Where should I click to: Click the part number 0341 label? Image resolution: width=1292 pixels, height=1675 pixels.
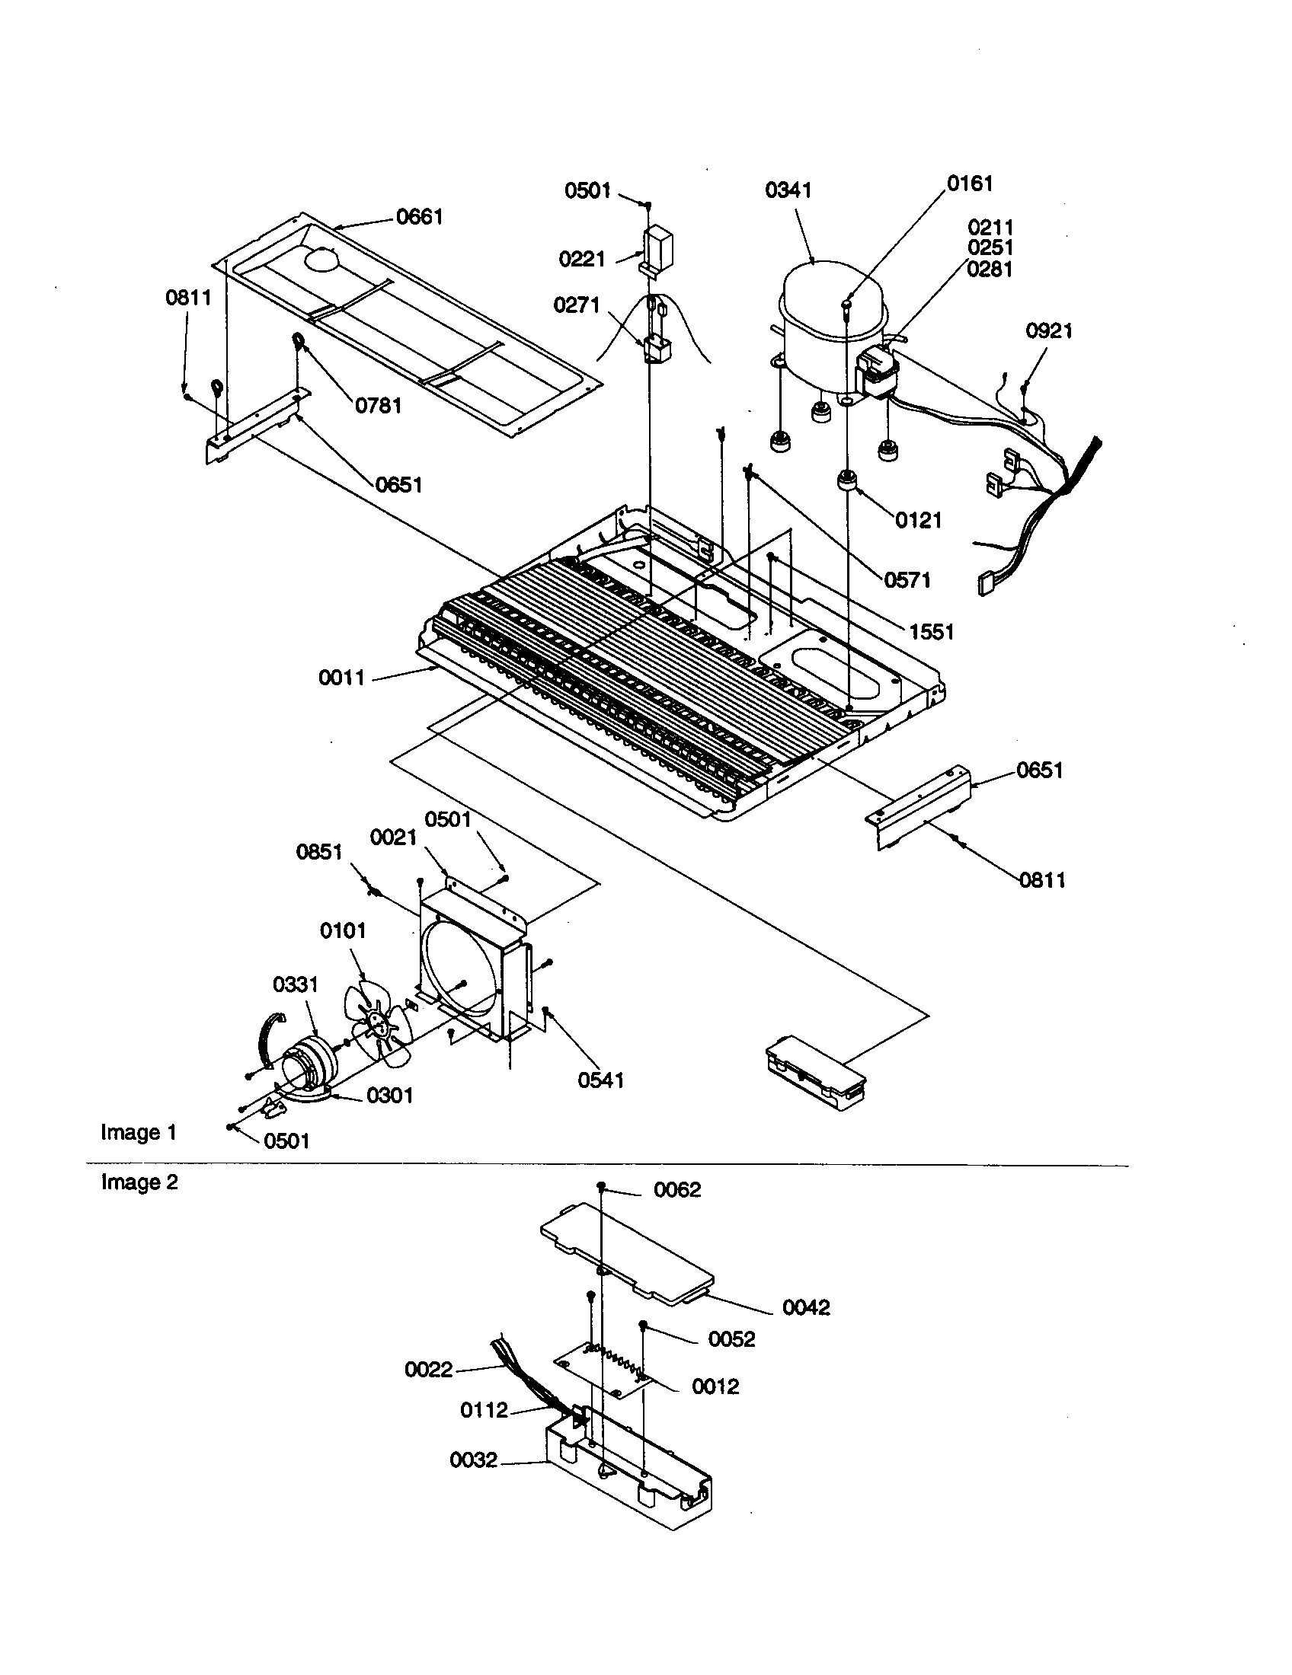pyautogui.click(x=788, y=190)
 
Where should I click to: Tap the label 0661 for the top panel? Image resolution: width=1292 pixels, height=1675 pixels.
pyautogui.click(x=420, y=217)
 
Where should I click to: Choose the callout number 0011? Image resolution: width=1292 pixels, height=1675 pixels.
pyautogui.click(x=341, y=678)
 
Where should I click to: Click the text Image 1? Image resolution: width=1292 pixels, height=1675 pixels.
pyautogui.click(x=139, y=1133)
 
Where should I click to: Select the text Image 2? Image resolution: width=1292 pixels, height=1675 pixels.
pyautogui.click(x=139, y=1182)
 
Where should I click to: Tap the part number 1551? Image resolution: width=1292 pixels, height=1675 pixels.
pyautogui.click(x=932, y=632)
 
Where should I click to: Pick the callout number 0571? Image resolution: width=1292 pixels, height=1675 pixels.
pyautogui.click(x=907, y=580)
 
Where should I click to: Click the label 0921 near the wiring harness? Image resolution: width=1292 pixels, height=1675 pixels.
pyautogui.click(x=1049, y=330)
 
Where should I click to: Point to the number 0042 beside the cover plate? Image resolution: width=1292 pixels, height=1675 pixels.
pyautogui.click(x=806, y=1307)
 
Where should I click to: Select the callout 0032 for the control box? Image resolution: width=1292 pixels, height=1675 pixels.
pyautogui.click(x=473, y=1460)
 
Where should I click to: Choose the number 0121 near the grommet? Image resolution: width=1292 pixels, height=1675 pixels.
pyautogui.click(x=919, y=520)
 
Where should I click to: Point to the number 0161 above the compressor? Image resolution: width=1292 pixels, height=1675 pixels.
pyautogui.click(x=970, y=183)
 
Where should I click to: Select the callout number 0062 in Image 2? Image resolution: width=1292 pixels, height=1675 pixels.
pyautogui.click(x=677, y=1189)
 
